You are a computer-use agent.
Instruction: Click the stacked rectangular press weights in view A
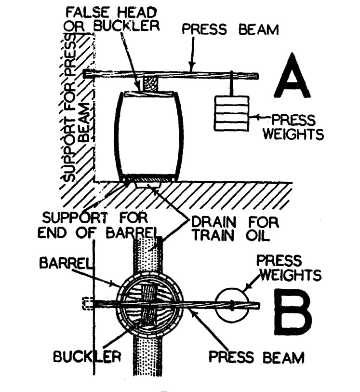231,113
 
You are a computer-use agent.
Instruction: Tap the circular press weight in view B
232,306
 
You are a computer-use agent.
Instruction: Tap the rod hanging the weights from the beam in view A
232,86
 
